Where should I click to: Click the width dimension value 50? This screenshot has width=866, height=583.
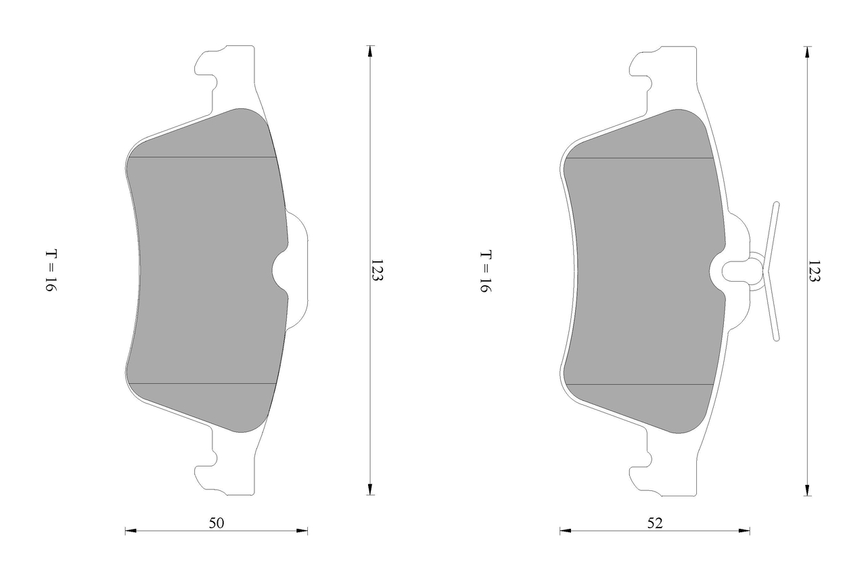(x=216, y=523)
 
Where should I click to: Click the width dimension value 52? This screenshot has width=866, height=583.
(x=655, y=523)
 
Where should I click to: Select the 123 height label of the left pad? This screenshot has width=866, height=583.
(x=377, y=270)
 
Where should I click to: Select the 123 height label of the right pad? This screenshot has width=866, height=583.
(x=814, y=271)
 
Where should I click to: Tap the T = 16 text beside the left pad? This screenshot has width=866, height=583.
(x=51, y=270)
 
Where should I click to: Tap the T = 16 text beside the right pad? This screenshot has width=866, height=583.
(x=486, y=272)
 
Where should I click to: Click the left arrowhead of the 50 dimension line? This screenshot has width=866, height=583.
(x=131, y=531)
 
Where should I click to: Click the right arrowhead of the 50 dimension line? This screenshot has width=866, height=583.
(x=302, y=531)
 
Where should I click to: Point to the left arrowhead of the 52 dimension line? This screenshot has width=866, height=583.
(x=566, y=531)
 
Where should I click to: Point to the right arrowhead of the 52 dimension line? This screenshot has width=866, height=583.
(x=744, y=531)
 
